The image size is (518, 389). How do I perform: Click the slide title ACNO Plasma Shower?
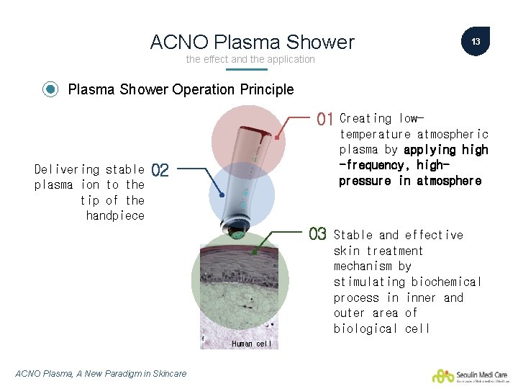tap(252, 43)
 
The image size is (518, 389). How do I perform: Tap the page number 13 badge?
tap(476, 42)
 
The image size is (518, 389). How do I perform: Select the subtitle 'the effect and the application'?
tap(250, 59)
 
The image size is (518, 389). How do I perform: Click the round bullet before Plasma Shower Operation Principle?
tap(50, 90)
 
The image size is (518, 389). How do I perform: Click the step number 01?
tap(325, 119)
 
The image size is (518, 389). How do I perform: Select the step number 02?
tap(160, 171)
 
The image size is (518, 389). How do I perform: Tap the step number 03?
tap(317, 235)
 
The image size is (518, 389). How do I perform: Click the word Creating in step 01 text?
tap(365, 118)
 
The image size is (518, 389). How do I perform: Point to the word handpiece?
tap(115, 215)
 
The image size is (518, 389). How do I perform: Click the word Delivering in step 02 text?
tap(67, 169)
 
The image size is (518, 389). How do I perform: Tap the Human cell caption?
tap(251, 344)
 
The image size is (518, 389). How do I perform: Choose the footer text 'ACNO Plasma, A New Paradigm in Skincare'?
tap(101, 373)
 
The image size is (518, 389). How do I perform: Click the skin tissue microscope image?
tap(241, 288)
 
